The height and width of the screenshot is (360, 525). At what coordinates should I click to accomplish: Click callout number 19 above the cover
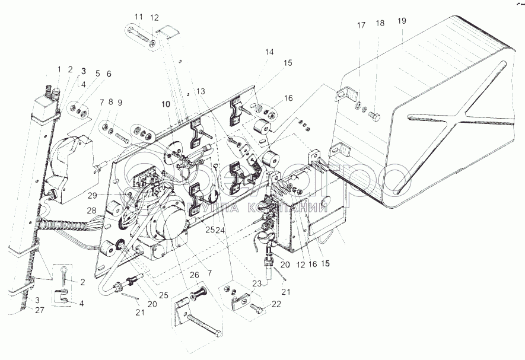pos(402,21)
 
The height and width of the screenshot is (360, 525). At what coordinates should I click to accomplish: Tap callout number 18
pos(380,24)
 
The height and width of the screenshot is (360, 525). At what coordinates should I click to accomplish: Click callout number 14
pos(269,52)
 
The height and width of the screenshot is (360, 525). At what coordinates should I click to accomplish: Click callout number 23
pos(257,283)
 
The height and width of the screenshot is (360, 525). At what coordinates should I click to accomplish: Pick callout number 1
pos(59,69)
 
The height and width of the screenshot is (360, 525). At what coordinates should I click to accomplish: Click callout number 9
pos(120,103)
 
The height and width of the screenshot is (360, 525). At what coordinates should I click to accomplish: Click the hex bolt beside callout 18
pos(374,114)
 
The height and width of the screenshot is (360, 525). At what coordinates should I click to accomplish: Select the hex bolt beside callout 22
pos(256,308)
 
